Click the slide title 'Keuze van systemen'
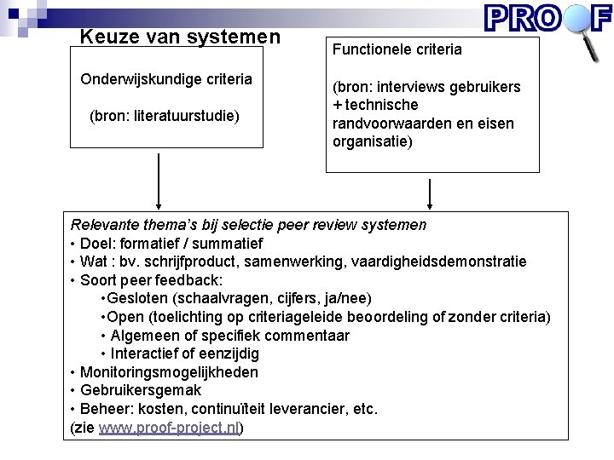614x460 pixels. pos(180,37)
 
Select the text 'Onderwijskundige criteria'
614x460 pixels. pos(166,79)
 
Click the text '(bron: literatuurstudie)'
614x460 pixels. pos(165,115)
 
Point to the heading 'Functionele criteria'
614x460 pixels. pos(397,49)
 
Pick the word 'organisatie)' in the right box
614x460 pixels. pos(373,141)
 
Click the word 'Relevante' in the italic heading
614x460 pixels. pos(102,225)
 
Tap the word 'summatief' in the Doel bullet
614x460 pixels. pos(231,244)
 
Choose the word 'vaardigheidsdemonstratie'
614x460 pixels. pos(446,262)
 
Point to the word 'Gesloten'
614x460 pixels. pos(137,298)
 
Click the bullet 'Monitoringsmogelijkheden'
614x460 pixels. pos(169,371)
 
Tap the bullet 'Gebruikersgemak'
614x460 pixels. pos(141,390)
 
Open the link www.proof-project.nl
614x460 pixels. pos(169,428)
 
